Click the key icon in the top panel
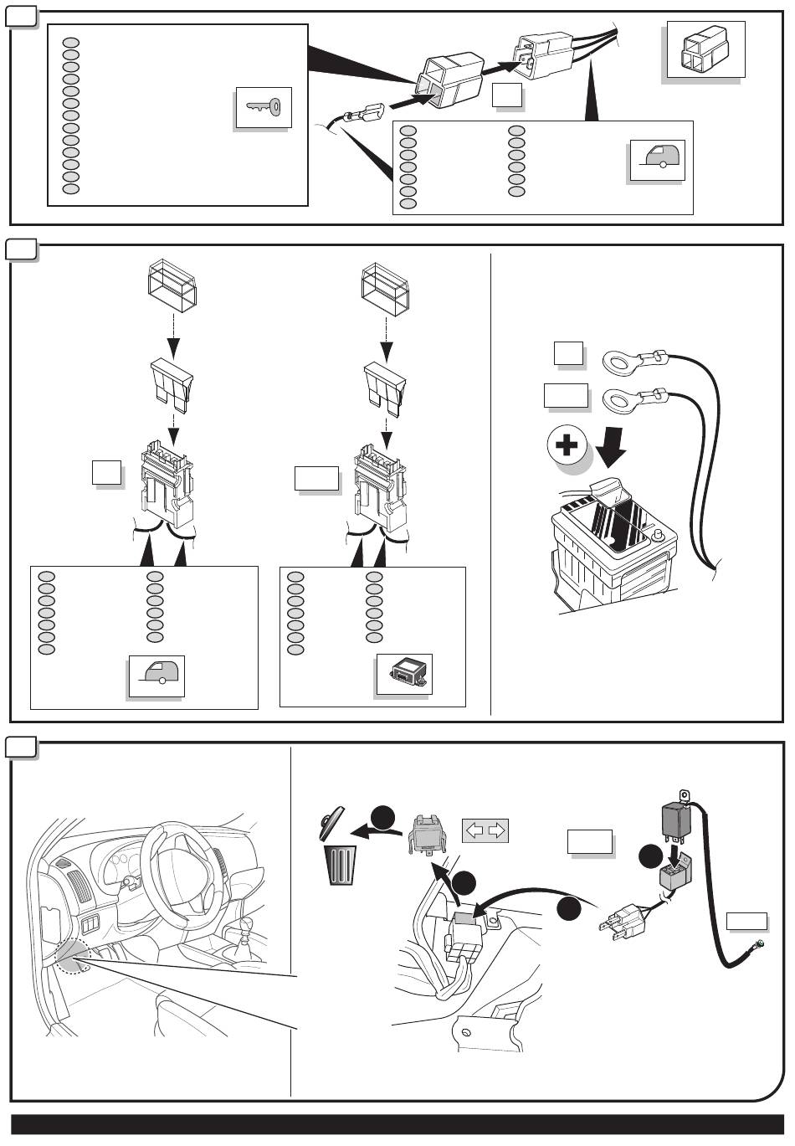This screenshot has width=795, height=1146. pyautogui.click(x=264, y=107)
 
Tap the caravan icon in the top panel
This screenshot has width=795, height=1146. pyautogui.click(x=658, y=160)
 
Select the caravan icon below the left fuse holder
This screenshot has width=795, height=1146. pyautogui.click(x=156, y=675)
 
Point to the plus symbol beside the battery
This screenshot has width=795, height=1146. pyautogui.click(x=567, y=445)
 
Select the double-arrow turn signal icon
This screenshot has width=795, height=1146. pyautogui.click(x=485, y=830)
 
